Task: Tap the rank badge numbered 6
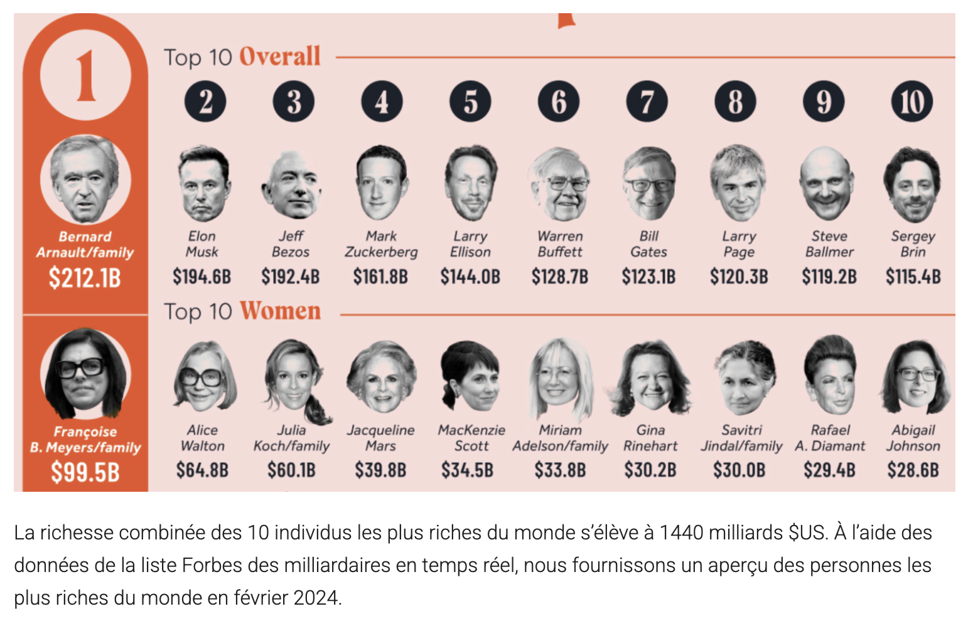tap(559, 102)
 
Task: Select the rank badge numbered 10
tap(912, 102)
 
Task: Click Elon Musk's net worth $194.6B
tap(202, 277)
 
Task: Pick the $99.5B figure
tap(85, 472)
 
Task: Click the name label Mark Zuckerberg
tap(381, 244)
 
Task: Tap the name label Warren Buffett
tap(560, 244)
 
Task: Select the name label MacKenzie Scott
tap(471, 438)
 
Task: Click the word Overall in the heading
tap(280, 57)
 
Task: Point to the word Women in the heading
tap(280, 311)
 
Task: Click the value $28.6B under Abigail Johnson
tap(913, 470)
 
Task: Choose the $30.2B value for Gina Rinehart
tap(650, 470)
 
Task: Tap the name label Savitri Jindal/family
tap(741, 438)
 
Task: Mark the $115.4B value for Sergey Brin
tap(913, 277)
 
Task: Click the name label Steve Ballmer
tap(829, 244)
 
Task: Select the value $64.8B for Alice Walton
tap(202, 470)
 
